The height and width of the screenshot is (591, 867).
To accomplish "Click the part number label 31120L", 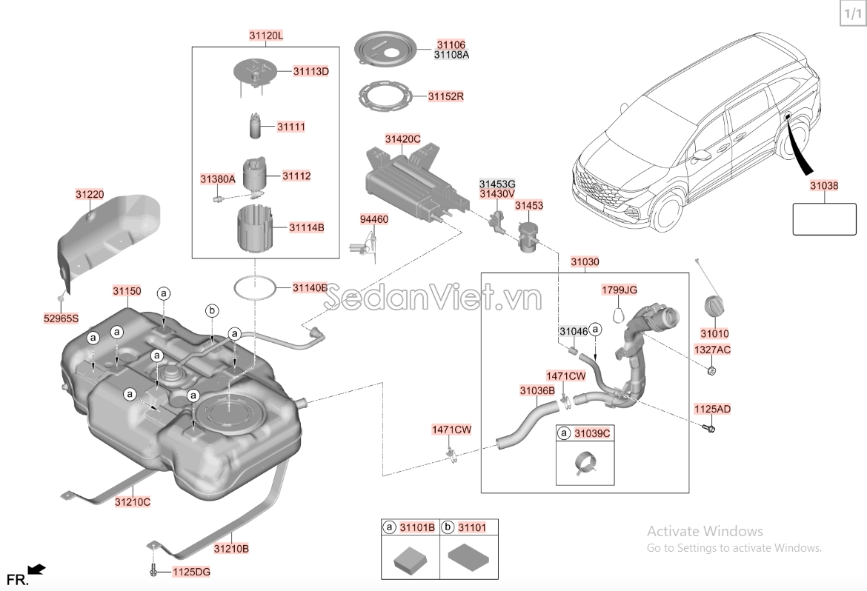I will (266, 35).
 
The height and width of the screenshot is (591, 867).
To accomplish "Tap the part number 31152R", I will (445, 96).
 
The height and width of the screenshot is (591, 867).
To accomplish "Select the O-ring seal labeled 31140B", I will (254, 287).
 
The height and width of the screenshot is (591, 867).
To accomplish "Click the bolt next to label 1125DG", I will (153, 571).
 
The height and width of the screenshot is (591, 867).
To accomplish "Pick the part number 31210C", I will (132, 501).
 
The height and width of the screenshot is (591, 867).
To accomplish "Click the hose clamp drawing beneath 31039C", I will (585, 463).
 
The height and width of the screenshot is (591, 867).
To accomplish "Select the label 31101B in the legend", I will (418, 527).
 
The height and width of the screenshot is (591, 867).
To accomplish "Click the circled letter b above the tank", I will (211, 311).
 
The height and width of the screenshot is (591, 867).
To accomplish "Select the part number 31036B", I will (537, 390).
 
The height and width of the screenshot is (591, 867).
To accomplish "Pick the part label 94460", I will (373, 220).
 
